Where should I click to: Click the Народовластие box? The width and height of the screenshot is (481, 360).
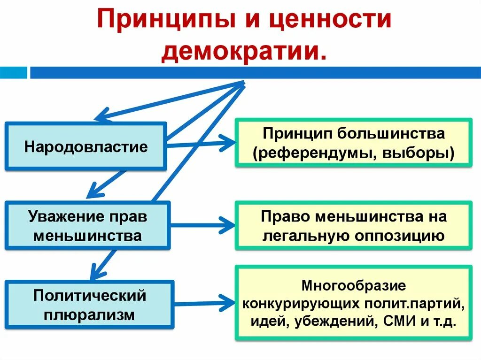click(86, 146)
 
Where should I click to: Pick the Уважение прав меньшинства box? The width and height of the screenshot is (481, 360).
click(88, 226)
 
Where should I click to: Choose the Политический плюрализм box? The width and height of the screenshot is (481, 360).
click(89, 305)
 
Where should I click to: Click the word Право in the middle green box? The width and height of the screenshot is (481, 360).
click(285, 216)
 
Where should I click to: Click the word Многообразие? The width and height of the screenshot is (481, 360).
click(353, 285)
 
